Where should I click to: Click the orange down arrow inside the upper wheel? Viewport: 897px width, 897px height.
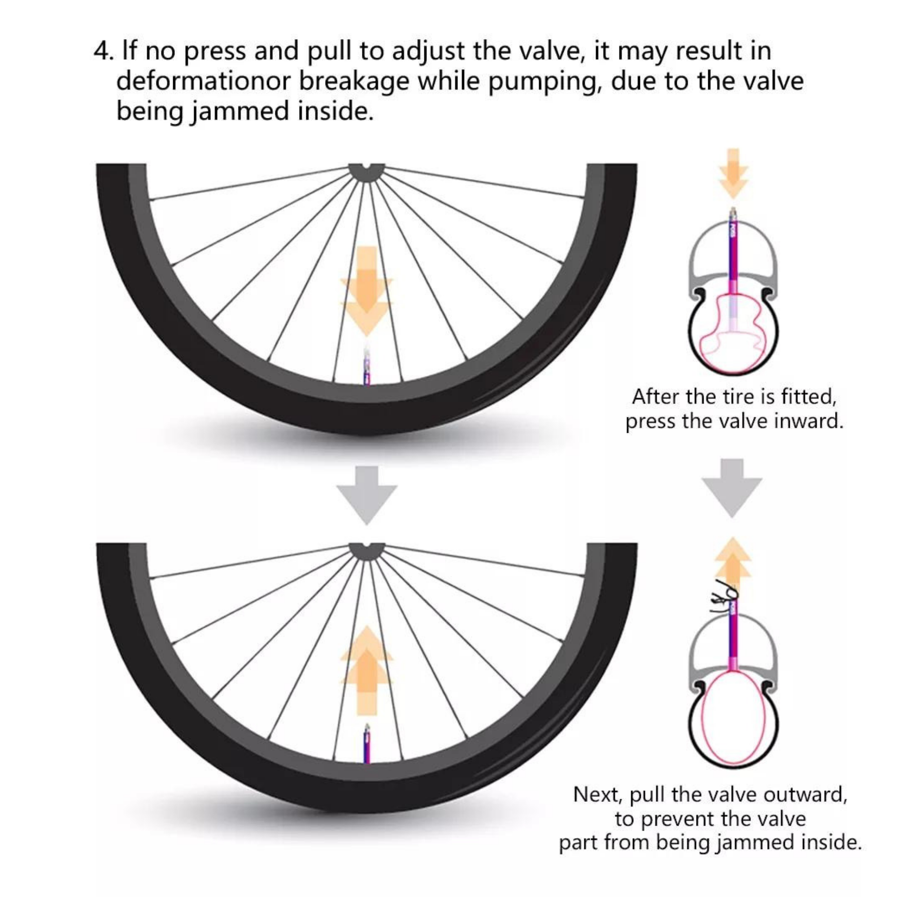pos(367,291)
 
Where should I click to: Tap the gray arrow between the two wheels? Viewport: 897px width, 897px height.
pos(367,496)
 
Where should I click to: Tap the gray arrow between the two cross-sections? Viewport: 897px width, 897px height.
pos(732,488)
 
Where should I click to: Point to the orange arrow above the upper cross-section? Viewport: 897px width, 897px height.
pos(733,174)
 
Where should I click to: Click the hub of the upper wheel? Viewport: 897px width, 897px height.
pos(367,172)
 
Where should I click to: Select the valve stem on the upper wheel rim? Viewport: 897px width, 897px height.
pos(367,367)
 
